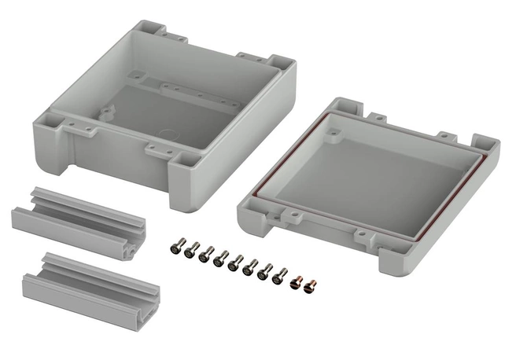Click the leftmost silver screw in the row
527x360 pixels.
(x=175, y=248)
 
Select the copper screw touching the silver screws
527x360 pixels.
(x=296, y=277)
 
